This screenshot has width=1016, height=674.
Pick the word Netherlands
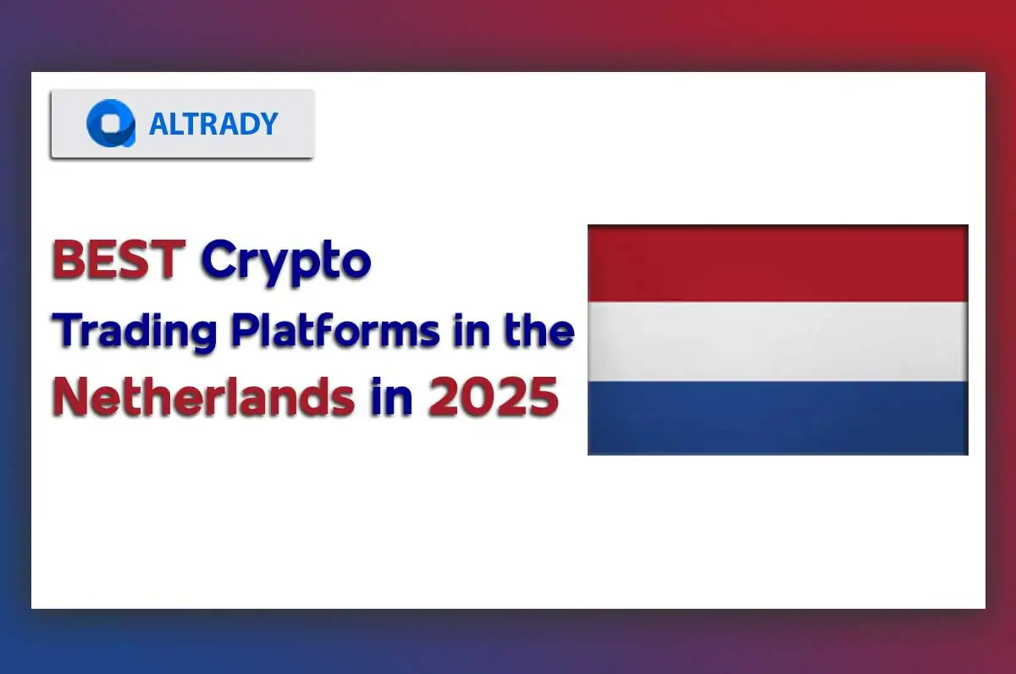203,396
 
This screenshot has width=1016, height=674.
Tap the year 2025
493,396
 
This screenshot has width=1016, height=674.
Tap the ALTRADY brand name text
213,124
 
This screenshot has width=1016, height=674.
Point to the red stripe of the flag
777,263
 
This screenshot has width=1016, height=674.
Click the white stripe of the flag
777,340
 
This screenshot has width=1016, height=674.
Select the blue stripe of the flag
777,417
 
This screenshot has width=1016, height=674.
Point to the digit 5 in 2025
542,396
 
